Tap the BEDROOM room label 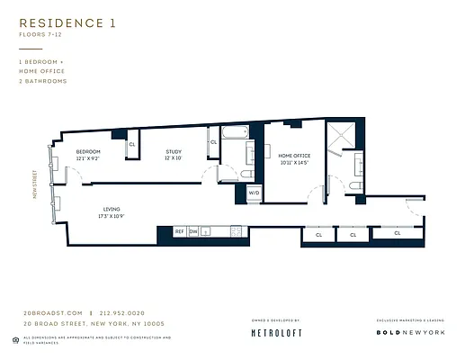click(87, 151)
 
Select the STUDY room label click(173, 151)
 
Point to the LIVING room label click(112, 209)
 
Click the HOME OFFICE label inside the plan click(294, 156)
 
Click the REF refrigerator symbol click(179, 231)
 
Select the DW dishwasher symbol click(193, 231)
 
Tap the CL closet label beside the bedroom click(132, 144)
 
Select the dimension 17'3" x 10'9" click(112, 216)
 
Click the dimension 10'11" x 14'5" click(294, 163)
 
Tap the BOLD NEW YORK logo click(410, 332)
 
